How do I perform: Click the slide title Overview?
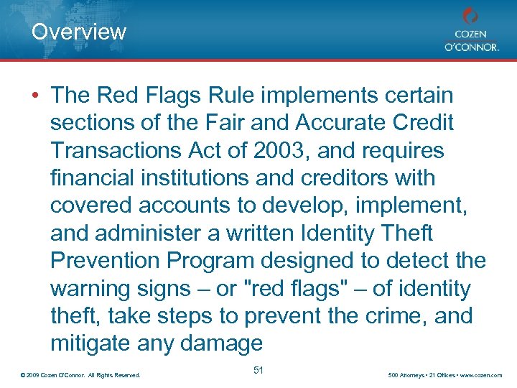click(x=79, y=32)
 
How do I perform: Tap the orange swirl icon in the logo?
click(x=470, y=16)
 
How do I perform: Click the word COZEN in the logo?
click(x=471, y=34)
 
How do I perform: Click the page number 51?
click(x=258, y=370)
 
